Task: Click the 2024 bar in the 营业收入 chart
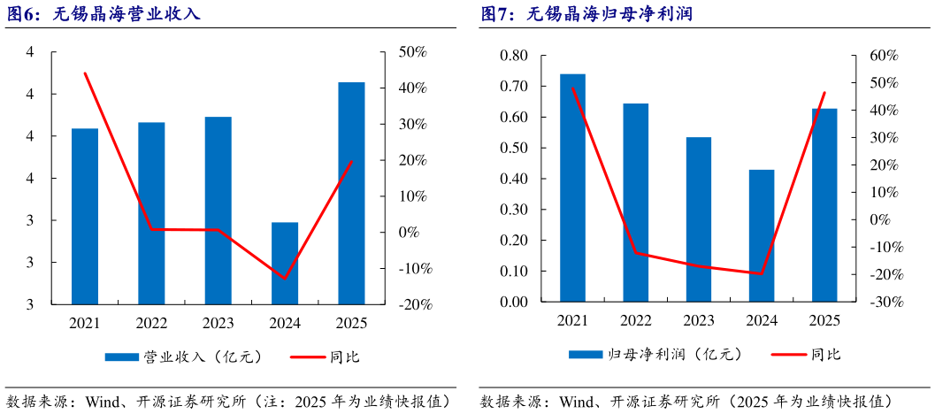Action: click(284, 263)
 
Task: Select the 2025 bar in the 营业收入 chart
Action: click(351, 193)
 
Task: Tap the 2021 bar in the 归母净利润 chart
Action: click(572, 188)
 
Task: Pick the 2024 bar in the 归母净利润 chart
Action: click(762, 235)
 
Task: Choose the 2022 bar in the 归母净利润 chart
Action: click(635, 203)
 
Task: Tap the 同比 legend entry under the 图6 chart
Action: click(326, 357)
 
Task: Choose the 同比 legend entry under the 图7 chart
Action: click(806, 355)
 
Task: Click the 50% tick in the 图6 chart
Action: click(412, 53)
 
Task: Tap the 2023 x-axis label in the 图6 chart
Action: click(218, 325)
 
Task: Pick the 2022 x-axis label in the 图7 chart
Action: click(635, 320)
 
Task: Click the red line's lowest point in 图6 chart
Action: click(284, 279)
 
